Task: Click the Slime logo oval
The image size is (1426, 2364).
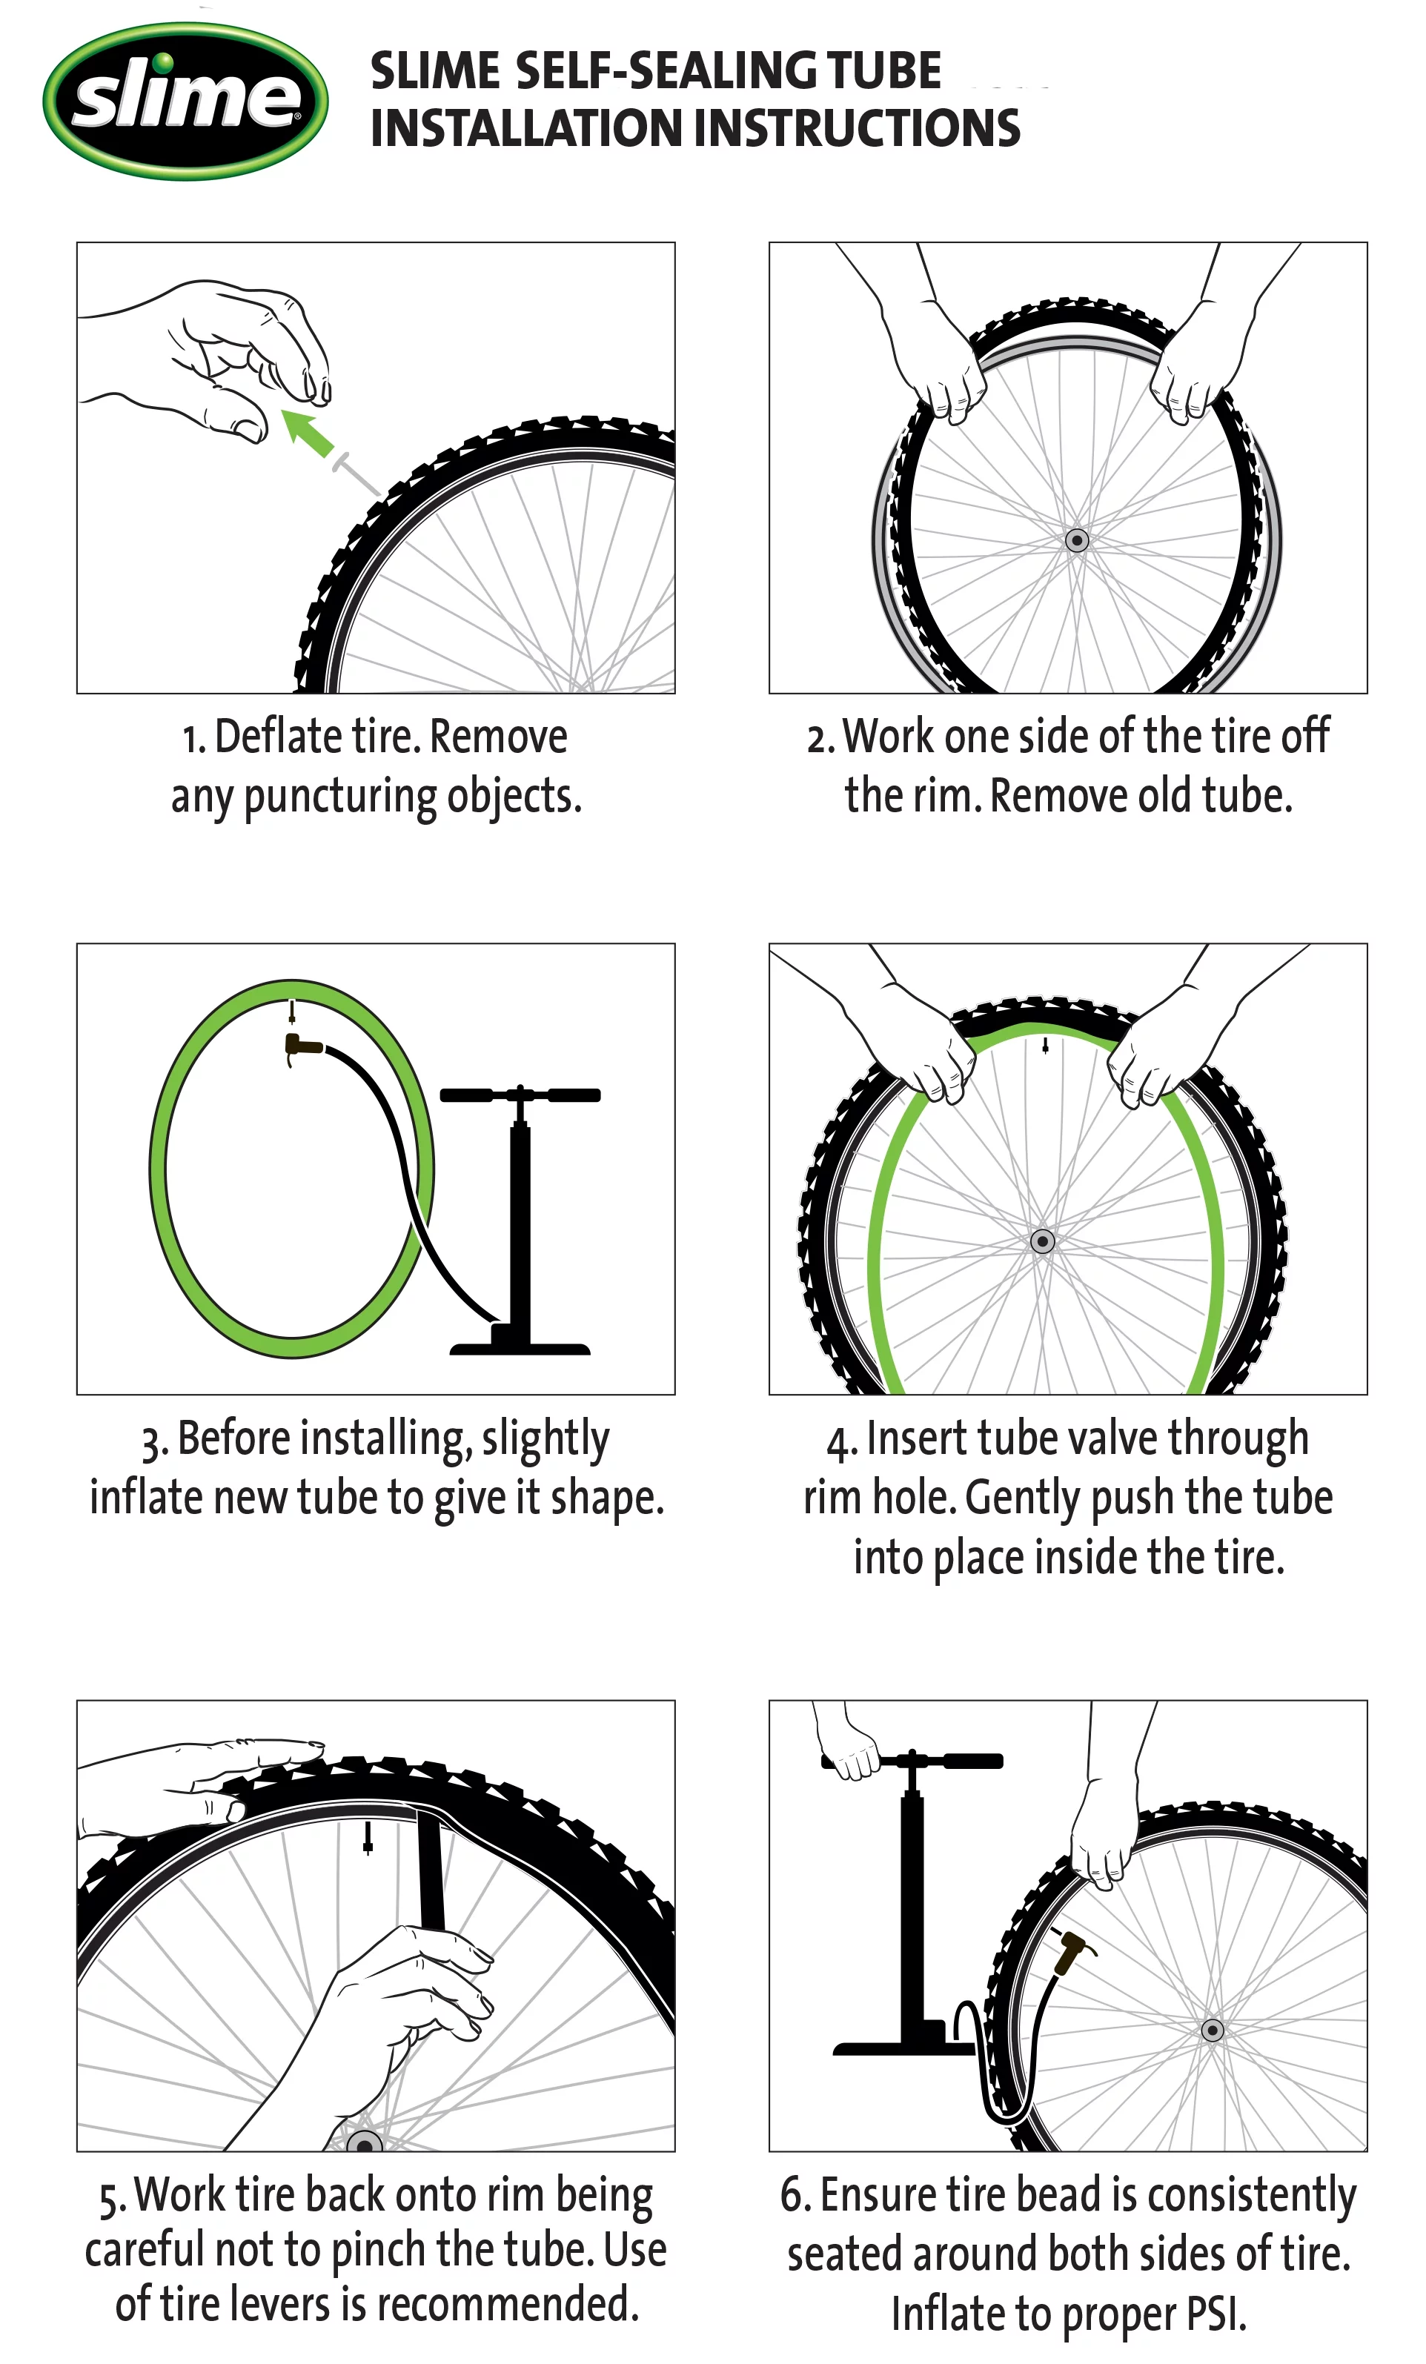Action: pos(185,100)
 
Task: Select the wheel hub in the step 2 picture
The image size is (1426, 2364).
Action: pos(1077,540)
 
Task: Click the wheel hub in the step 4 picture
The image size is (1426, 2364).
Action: pos(1042,1241)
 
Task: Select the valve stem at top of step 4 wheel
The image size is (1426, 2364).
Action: pos(1045,1046)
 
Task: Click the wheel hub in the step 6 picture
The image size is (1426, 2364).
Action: pos(1212,2030)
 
